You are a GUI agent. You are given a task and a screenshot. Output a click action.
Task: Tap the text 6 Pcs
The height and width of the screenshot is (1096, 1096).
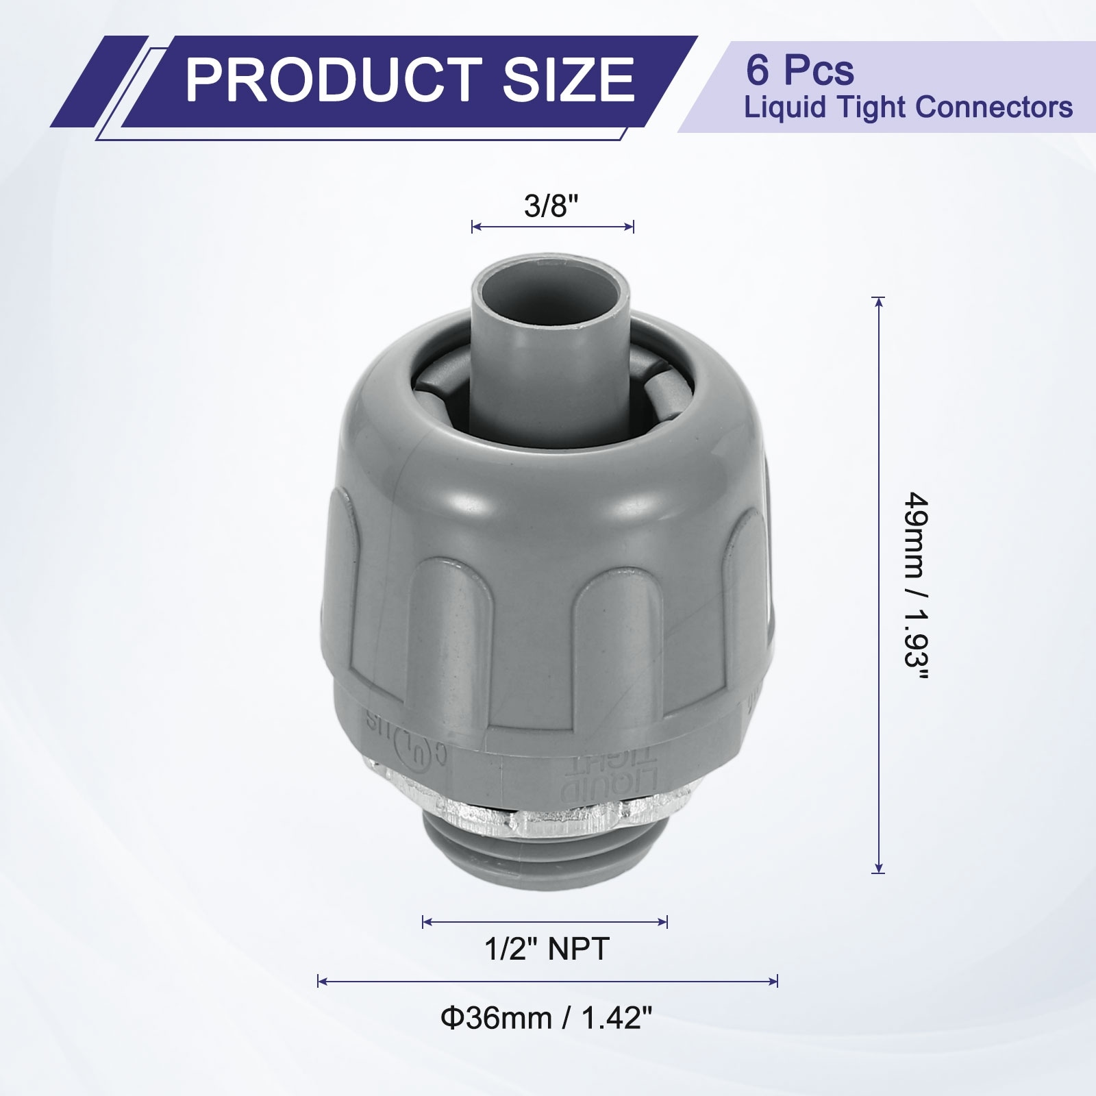[x=799, y=70]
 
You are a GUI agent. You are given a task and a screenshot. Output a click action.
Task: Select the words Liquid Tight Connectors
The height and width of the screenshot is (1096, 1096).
[x=908, y=108]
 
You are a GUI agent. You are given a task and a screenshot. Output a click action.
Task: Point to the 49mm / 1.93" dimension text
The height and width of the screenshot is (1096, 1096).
[x=917, y=586]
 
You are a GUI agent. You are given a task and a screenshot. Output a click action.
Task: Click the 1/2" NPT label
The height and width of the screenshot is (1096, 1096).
[x=546, y=949]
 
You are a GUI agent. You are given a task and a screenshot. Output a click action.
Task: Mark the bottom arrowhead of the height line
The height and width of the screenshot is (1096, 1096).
[x=879, y=872]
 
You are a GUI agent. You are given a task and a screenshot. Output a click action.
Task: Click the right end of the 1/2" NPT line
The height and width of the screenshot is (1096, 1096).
[x=667, y=921]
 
